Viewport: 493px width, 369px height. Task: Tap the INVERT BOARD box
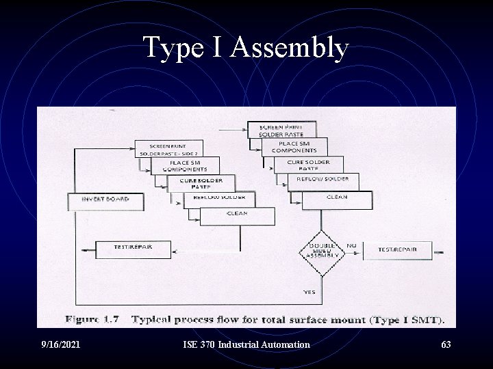point(97,202)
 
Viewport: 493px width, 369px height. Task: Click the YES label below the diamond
point(309,291)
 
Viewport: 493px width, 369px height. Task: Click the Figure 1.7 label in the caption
point(93,319)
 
